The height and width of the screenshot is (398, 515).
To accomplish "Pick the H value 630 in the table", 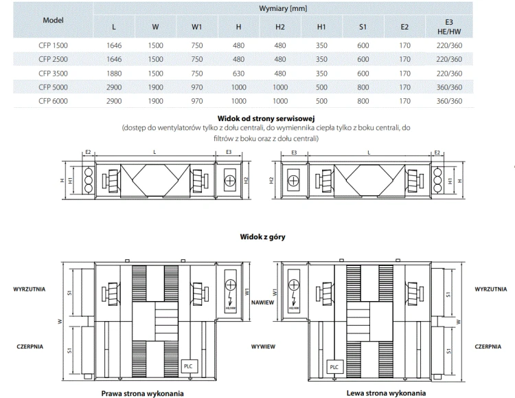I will point(238,73).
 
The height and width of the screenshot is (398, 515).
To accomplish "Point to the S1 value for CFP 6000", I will point(363,101).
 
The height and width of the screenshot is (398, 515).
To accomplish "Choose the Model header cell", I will point(53,21).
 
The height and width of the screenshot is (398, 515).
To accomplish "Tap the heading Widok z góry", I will point(262,237).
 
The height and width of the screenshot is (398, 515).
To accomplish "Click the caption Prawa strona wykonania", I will point(142,393).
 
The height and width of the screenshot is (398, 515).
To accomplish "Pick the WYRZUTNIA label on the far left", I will point(30,289).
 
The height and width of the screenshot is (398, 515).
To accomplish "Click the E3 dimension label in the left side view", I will point(229,151).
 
